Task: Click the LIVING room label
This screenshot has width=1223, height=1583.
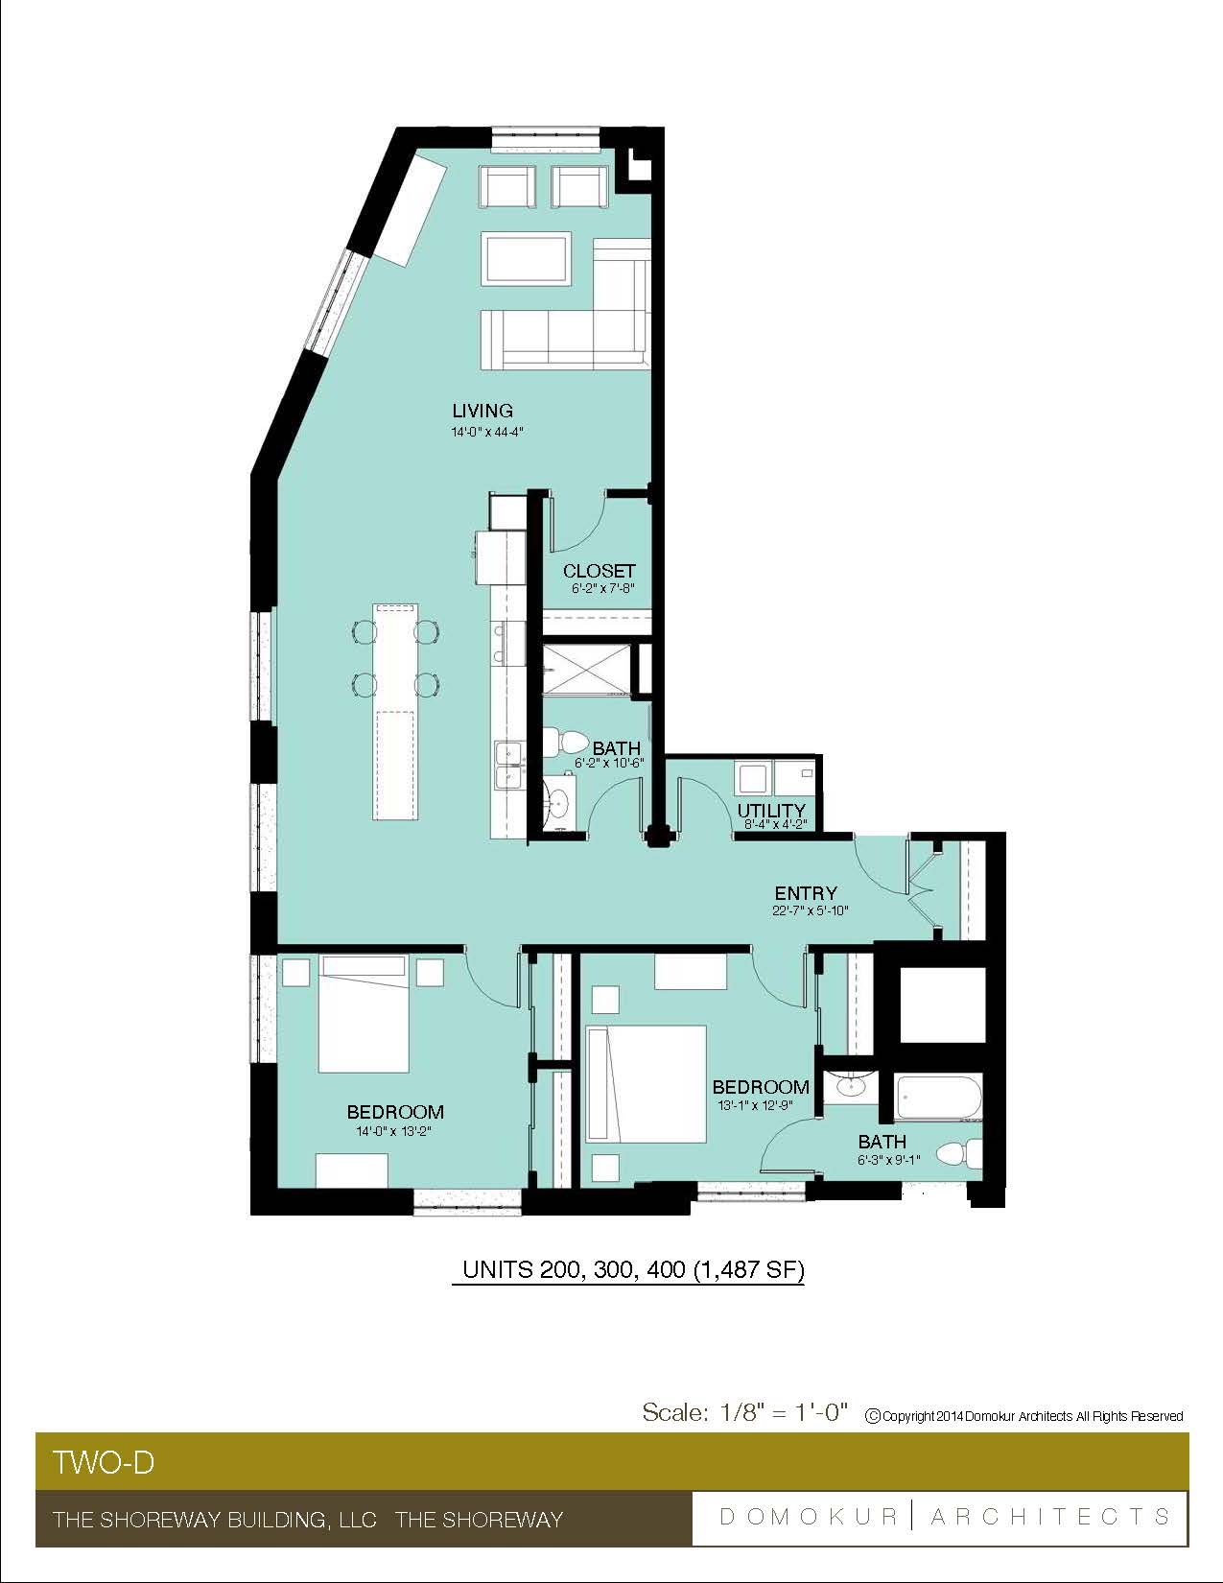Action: click(x=482, y=411)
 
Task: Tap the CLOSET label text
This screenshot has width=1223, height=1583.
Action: click(x=599, y=571)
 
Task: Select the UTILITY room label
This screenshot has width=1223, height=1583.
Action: click(x=771, y=811)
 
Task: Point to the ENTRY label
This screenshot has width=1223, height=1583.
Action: click(x=806, y=893)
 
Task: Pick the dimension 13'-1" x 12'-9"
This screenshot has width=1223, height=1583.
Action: click(x=755, y=1105)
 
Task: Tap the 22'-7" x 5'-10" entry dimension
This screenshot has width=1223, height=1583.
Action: click(x=811, y=910)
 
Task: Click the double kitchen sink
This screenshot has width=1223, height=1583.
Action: click(x=509, y=765)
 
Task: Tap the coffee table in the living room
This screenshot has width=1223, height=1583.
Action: click(x=526, y=258)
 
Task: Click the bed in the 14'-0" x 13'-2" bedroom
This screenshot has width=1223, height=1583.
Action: click(x=363, y=1013)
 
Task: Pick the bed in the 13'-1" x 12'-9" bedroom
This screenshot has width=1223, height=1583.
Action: click(x=647, y=1084)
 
